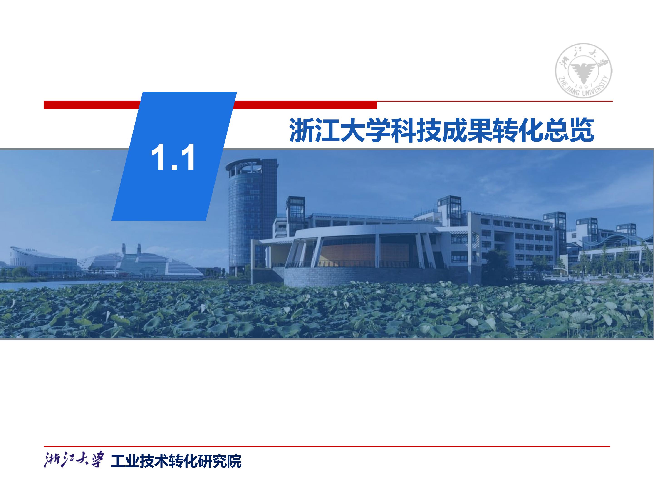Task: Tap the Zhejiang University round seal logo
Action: (583, 71)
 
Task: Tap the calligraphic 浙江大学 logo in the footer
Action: (74, 459)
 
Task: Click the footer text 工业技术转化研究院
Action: (176, 461)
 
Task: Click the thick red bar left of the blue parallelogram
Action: (90, 105)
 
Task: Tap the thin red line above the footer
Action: (327, 446)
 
